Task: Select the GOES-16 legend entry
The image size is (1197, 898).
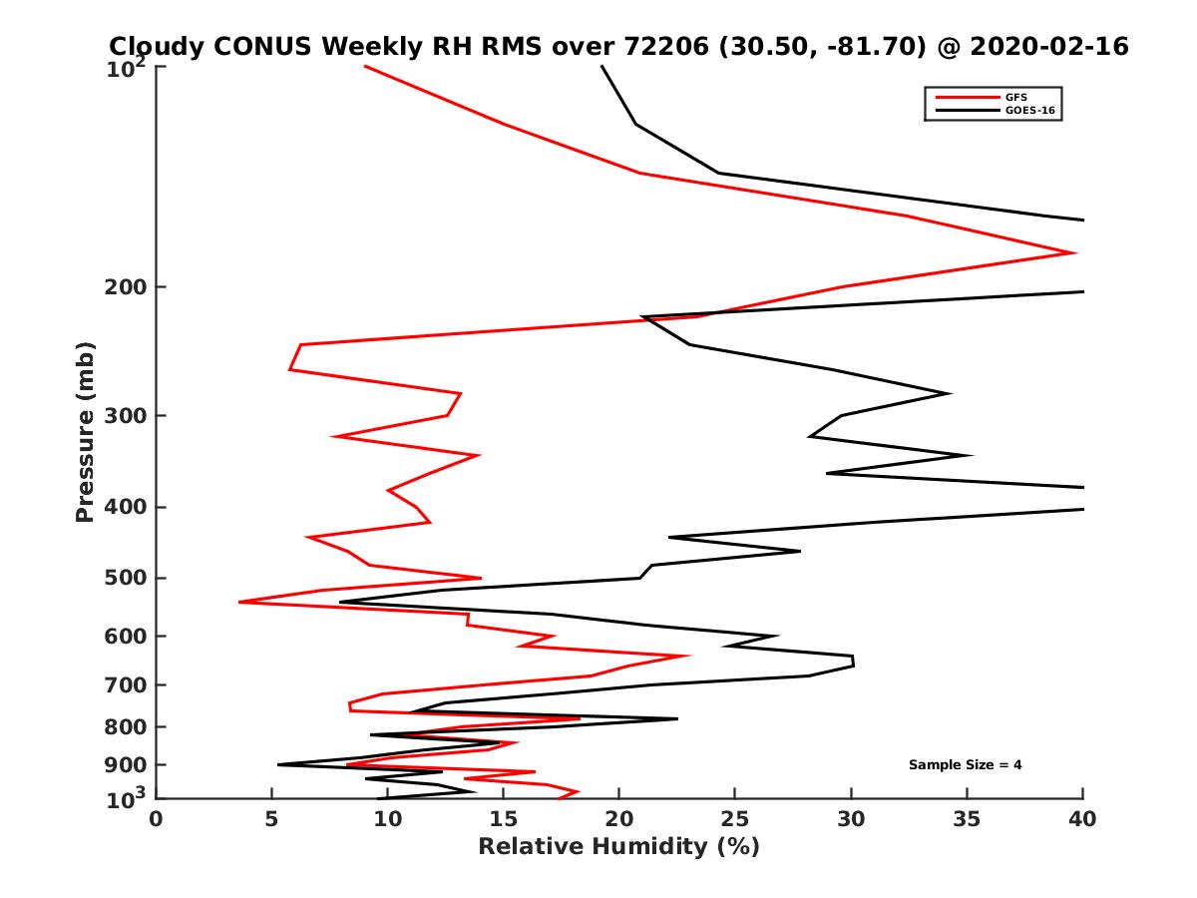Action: [x=1027, y=111]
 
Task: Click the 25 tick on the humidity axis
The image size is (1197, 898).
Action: [x=735, y=819]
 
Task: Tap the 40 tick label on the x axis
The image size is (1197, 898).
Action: [x=1082, y=819]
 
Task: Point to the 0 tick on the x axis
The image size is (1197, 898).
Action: [x=157, y=819]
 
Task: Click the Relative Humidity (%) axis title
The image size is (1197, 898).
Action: [x=618, y=847]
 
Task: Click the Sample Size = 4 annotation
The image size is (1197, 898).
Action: [x=965, y=765]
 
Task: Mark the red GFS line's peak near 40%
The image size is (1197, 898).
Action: [x=1074, y=252]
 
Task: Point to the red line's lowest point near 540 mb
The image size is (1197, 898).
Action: [x=240, y=602]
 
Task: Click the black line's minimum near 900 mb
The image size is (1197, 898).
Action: [x=278, y=764]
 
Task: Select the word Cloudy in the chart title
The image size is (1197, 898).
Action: [x=157, y=46]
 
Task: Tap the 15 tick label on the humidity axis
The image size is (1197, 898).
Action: [x=504, y=819]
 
